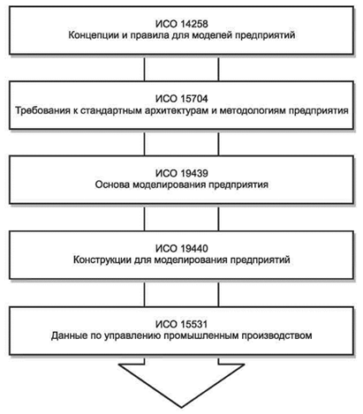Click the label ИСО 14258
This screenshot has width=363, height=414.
click(x=181, y=24)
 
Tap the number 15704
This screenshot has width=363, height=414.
click(x=194, y=99)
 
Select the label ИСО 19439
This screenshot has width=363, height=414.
click(x=181, y=173)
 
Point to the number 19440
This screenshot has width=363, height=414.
click(x=194, y=249)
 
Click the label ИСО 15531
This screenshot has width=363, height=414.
click(x=181, y=324)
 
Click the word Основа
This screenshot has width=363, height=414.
click(x=112, y=185)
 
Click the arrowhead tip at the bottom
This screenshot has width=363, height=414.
click(x=181, y=407)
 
